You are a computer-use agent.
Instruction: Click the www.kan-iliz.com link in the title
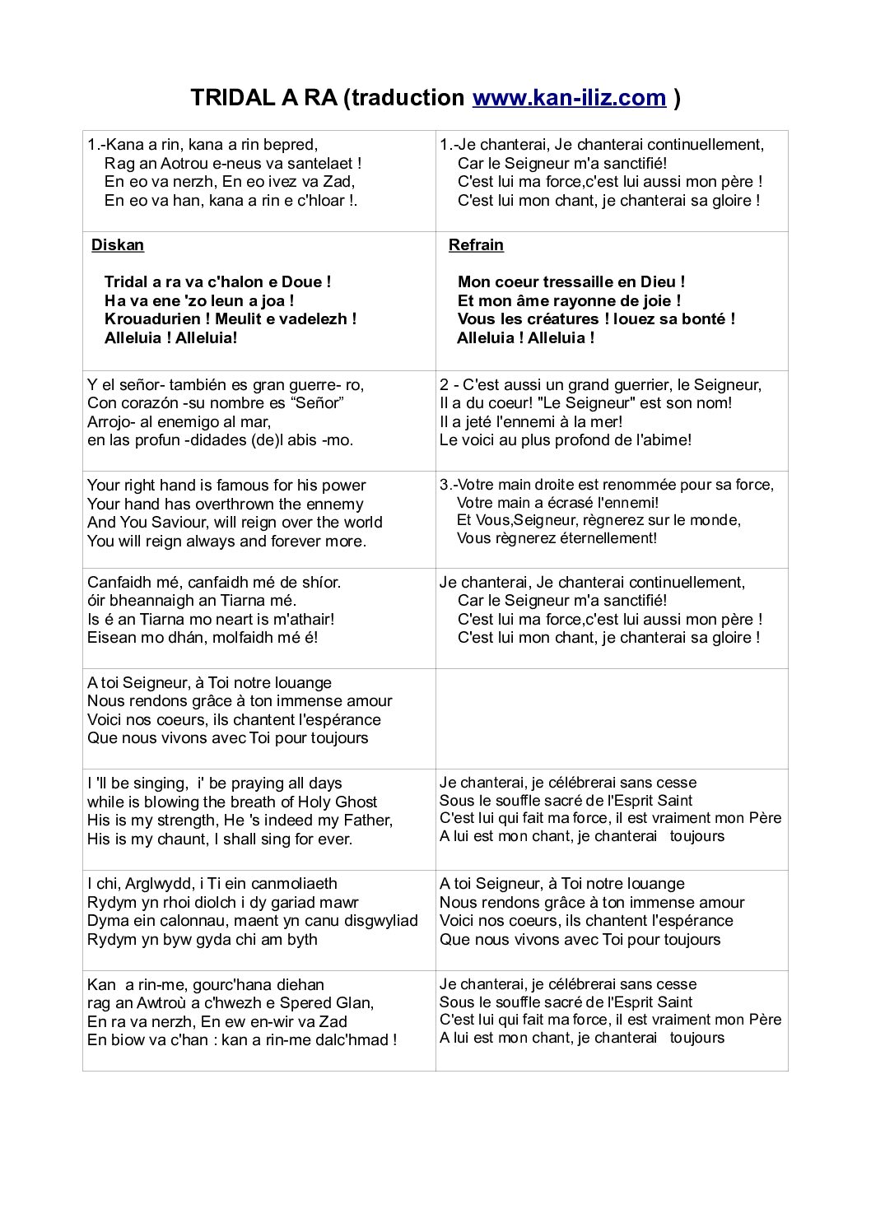pos(569,98)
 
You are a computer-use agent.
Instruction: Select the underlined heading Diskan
pos(118,245)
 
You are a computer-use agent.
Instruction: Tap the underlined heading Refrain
pos(476,245)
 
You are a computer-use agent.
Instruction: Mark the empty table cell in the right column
pos(612,718)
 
